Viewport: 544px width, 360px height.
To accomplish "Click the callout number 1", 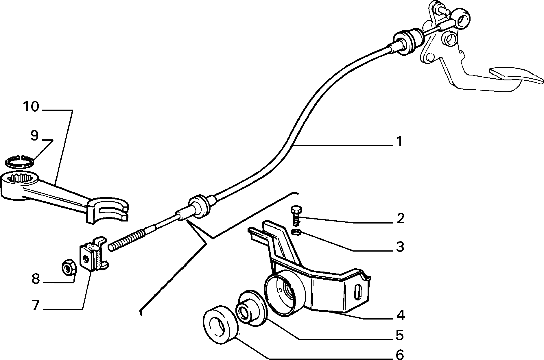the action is pyautogui.click(x=399, y=142).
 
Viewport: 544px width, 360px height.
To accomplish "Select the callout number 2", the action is pyautogui.click(x=400, y=219).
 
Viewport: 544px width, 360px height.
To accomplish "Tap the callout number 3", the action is pyautogui.click(x=400, y=247).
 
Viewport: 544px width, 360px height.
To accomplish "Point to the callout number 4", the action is pyautogui.click(x=400, y=315).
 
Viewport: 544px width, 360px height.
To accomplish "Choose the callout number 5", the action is pyautogui.click(x=400, y=335).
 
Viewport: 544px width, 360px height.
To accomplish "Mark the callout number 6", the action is pyautogui.click(x=400, y=354).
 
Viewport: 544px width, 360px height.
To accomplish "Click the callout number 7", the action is pyautogui.click(x=35, y=306).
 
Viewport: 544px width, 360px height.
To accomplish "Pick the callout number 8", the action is pyautogui.click(x=35, y=279).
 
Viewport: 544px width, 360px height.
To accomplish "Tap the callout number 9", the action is pyautogui.click(x=34, y=135).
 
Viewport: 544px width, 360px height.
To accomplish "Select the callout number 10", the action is pyautogui.click(x=31, y=107).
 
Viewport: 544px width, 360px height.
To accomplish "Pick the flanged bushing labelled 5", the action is pyautogui.click(x=250, y=309).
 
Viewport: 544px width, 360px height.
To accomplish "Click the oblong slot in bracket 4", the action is pyautogui.click(x=358, y=293).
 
